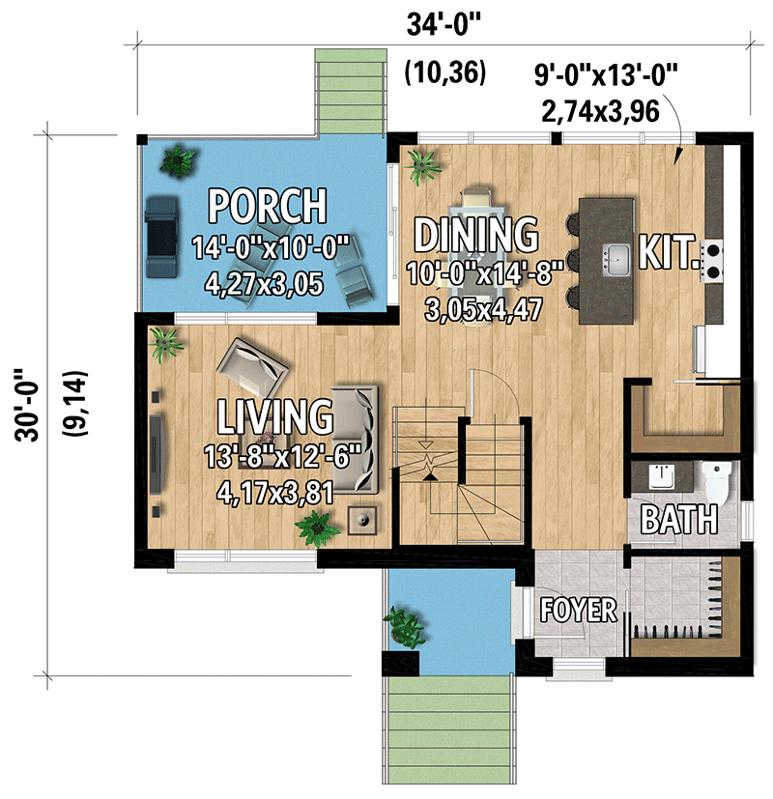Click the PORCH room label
(268, 205)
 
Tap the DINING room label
(475, 234)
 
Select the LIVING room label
(273, 415)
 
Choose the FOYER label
(579, 610)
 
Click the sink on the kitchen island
(616, 258)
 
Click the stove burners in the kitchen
(714, 260)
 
